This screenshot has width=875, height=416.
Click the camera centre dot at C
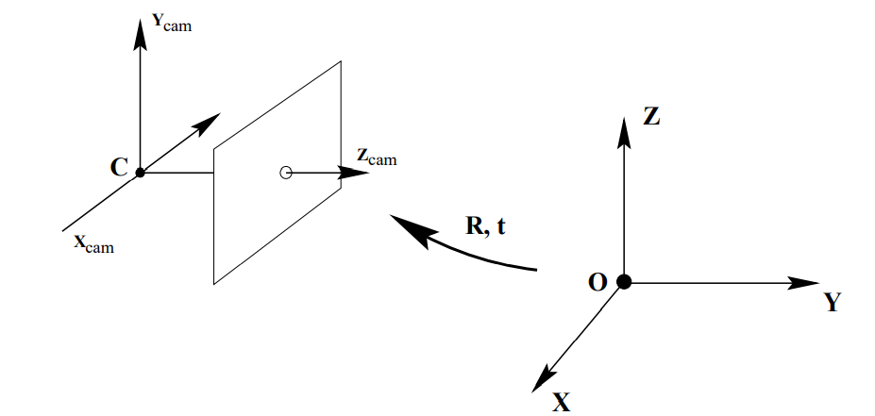coord(140,173)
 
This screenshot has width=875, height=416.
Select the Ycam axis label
coord(171,24)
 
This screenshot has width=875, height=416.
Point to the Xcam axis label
coord(93,243)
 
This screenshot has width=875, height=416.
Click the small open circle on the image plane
coord(286,173)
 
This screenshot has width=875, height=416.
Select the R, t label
coord(486,226)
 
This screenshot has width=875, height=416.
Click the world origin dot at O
coord(623,281)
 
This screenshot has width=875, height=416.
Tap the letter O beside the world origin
coord(597,283)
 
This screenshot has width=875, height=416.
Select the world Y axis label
coord(831,303)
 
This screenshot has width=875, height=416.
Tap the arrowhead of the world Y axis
coord(806,282)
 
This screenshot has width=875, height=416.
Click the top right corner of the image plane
coord(341,61)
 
